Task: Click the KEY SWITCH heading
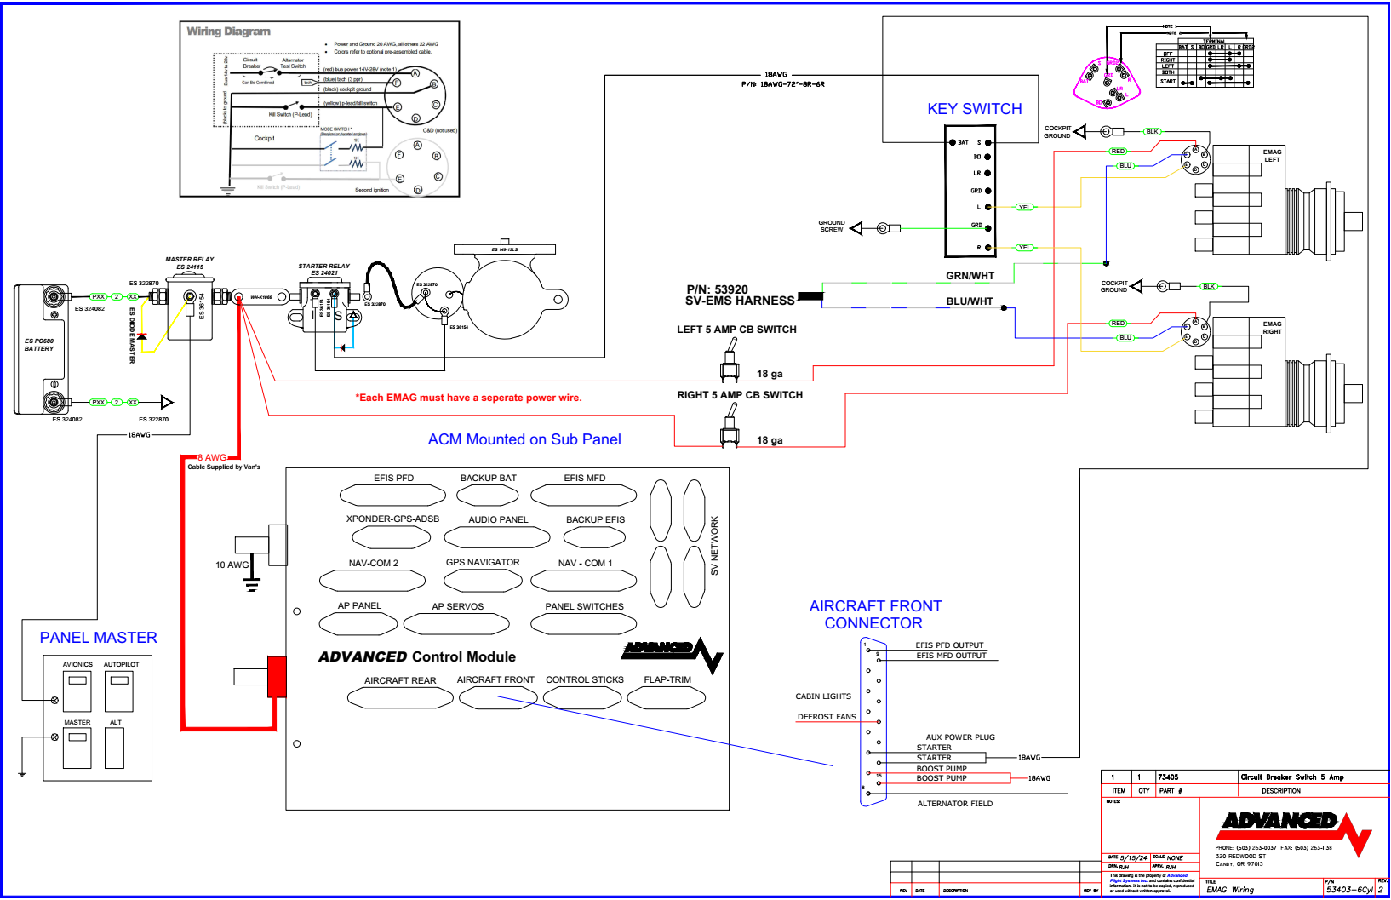pos(974,109)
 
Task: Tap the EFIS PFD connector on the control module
pos(392,495)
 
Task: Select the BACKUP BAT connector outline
pos(488,495)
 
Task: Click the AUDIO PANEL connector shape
pos(498,537)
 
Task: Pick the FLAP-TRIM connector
pos(667,697)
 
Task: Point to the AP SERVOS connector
pos(456,623)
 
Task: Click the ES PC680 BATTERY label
pos(39,345)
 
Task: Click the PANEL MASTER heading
pos(98,638)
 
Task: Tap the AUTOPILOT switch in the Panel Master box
pos(119,691)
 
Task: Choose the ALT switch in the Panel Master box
pos(115,748)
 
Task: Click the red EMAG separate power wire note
pos(468,398)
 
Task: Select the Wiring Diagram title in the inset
pos(228,32)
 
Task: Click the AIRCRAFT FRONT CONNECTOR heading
pos(875,614)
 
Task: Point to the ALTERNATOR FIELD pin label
pos(954,804)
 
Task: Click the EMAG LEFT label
pos(1272,156)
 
